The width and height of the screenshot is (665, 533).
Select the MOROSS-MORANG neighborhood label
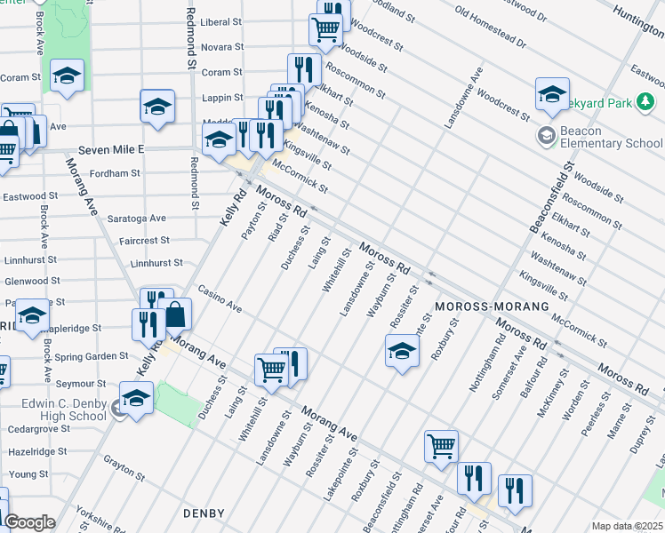(482, 306)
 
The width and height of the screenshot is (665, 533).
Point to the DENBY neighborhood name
(204, 513)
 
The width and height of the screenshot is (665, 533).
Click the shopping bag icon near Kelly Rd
(177, 315)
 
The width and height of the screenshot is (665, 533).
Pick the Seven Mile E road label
(110, 149)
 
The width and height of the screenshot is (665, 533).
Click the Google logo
(29, 522)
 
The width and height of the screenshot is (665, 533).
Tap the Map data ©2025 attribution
(627, 526)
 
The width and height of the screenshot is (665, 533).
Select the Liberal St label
(221, 21)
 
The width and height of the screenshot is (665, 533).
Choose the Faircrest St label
(145, 241)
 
